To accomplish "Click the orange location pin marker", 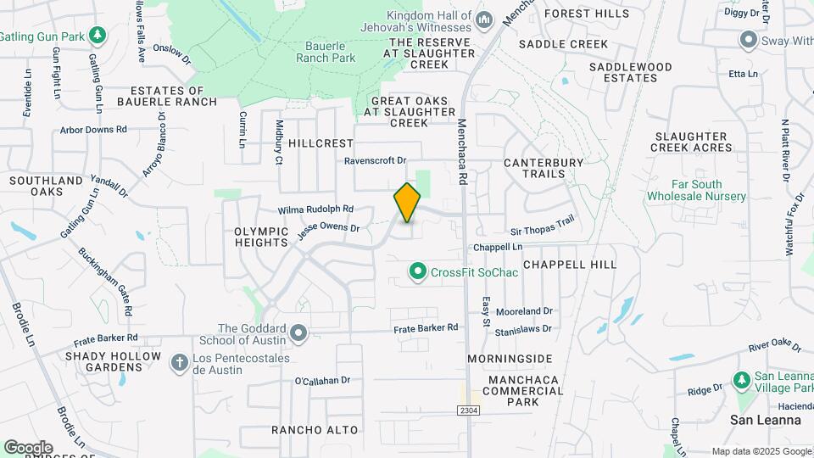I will coord(407,203).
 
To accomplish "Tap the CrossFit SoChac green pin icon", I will coord(417,272).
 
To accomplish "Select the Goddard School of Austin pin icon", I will coord(298,335).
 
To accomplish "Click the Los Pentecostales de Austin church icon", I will coord(179,363).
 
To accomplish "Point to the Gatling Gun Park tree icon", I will coord(98,36).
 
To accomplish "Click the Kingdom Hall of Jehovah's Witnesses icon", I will coord(484,19).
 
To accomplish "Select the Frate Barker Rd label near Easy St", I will coord(426,327).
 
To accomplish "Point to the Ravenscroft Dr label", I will coord(376,160).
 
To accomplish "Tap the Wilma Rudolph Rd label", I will coord(315,209).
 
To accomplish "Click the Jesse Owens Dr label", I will coord(329,229).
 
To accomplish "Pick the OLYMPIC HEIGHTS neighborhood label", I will coord(262,236).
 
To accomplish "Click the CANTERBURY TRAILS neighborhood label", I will coord(544,168).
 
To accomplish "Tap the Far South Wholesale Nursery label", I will coord(696,190).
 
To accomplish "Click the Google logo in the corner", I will coord(28,448).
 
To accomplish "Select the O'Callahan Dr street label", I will coord(322,381).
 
